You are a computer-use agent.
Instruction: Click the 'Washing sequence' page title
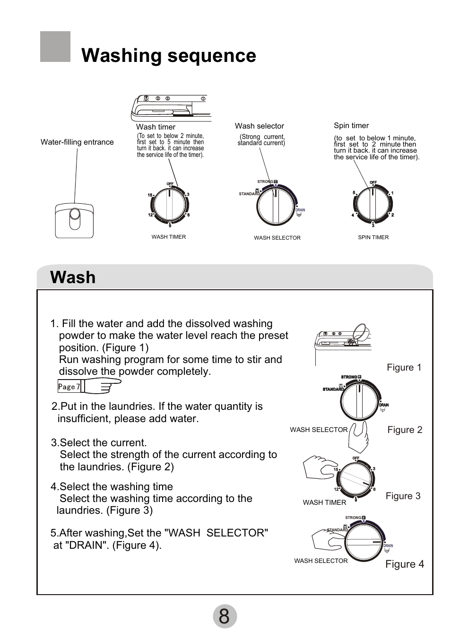click(x=169, y=56)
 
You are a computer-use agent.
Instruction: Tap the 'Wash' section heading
click(x=73, y=277)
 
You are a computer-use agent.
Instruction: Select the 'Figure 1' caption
click(x=404, y=368)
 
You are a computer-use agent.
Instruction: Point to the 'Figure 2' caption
click(x=405, y=430)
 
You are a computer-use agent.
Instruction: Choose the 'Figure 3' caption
click(x=403, y=496)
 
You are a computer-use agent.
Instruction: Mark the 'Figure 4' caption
click(x=405, y=564)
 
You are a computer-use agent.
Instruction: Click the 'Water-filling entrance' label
click(x=77, y=142)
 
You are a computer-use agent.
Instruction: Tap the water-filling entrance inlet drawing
click(x=74, y=220)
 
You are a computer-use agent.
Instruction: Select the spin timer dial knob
click(x=373, y=204)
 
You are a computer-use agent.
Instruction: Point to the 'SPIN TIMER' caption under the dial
click(x=373, y=237)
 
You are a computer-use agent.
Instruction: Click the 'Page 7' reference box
click(x=69, y=387)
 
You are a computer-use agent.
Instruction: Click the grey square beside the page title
click(x=55, y=47)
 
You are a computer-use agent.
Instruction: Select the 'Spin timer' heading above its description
click(x=351, y=126)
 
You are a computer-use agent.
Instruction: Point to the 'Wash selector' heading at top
click(x=260, y=126)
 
